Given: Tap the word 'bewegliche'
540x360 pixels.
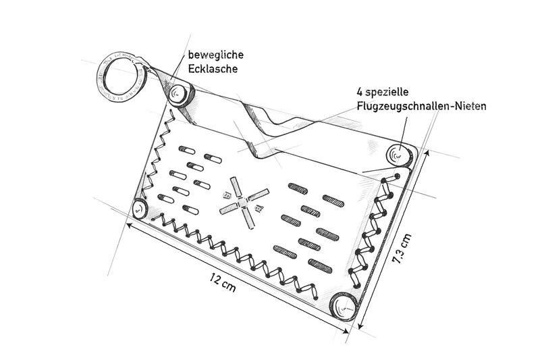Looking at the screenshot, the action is (x=215, y=55).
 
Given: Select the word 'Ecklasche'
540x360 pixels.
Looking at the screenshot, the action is (x=213, y=69).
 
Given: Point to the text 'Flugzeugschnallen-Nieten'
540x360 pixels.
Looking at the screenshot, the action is (x=421, y=106).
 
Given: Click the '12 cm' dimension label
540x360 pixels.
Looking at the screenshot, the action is (x=223, y=282).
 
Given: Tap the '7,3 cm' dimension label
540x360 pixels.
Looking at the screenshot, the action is (x=402, y=249).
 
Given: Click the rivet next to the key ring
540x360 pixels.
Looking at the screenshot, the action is (x=180, y=95).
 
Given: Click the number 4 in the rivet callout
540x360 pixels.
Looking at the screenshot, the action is (x=359, y=93).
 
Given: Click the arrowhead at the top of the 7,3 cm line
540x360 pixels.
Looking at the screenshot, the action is (x=428, y=154).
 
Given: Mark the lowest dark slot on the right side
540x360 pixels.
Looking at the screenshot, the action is (x=320, y=265).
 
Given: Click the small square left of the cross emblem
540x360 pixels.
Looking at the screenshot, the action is (x=226, y=196).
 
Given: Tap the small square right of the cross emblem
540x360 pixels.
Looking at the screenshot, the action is (x=259, y=208).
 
